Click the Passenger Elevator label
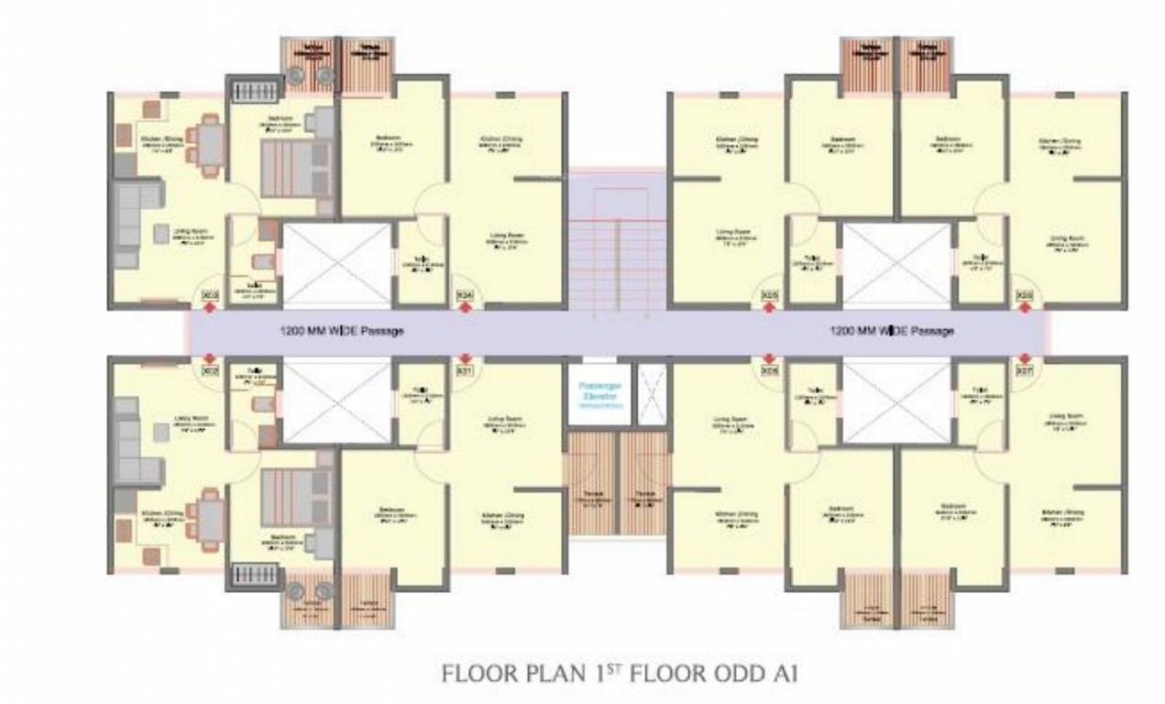(x=599, y=394)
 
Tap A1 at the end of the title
(x=784, y=675)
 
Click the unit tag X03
(x=209, y=295)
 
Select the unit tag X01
(x=465, y=371)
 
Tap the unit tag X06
(x=1025, y=295)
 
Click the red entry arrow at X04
(x=465, y=309)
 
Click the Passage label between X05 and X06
(x=891, y=331)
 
